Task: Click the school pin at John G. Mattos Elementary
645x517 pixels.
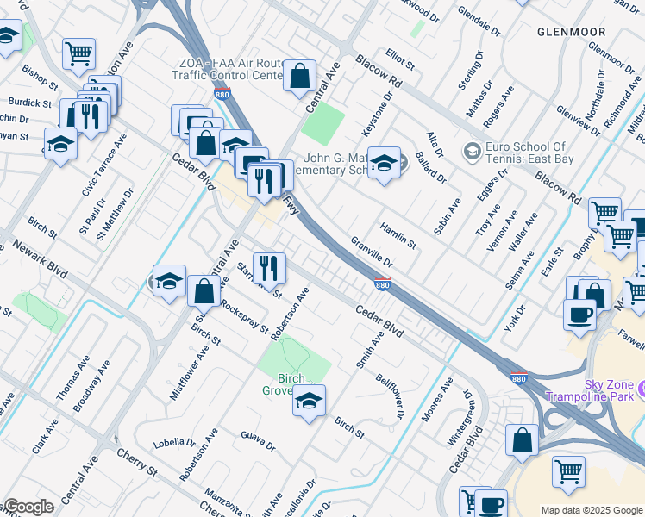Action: (384, 163)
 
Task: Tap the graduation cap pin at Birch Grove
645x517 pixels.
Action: (309, 402)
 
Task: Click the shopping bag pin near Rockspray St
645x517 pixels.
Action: (204, 293)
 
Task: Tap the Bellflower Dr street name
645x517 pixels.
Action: (389, 396)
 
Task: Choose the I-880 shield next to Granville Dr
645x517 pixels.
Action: (383, 283)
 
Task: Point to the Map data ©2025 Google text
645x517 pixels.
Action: (592, 510)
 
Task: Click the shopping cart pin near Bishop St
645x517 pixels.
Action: (78, 53)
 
